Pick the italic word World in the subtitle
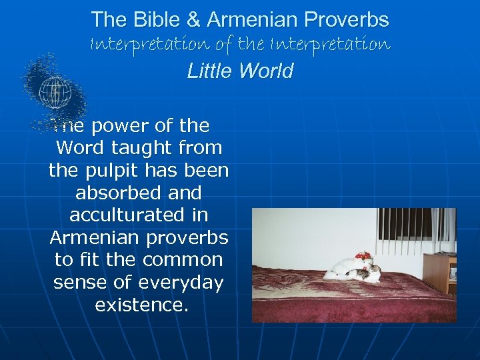click(x=266, y=71)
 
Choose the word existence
click(x=139, y=305)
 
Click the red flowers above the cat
click(x=363, y=257)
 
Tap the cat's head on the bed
click(x=375, y=271)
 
